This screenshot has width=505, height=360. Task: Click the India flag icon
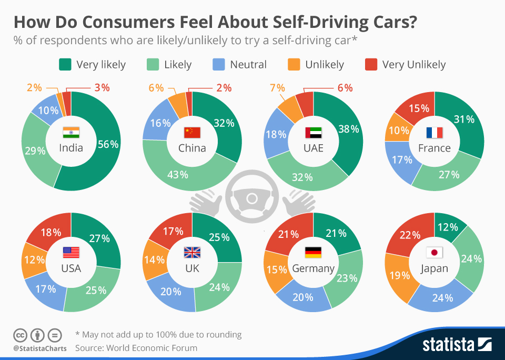click(x=70, y=132)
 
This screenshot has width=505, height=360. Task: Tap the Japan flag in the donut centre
click(x=434, y=253)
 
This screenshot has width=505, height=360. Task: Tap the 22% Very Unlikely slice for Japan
click(x=407, y=235)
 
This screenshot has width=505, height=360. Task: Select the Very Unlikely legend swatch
click(x=370, y=65)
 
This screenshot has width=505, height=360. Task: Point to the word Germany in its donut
click(x=313, y=268)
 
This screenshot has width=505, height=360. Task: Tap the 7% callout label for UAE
click(x=277, y=88)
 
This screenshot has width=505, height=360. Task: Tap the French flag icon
click(x=435, y=132)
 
